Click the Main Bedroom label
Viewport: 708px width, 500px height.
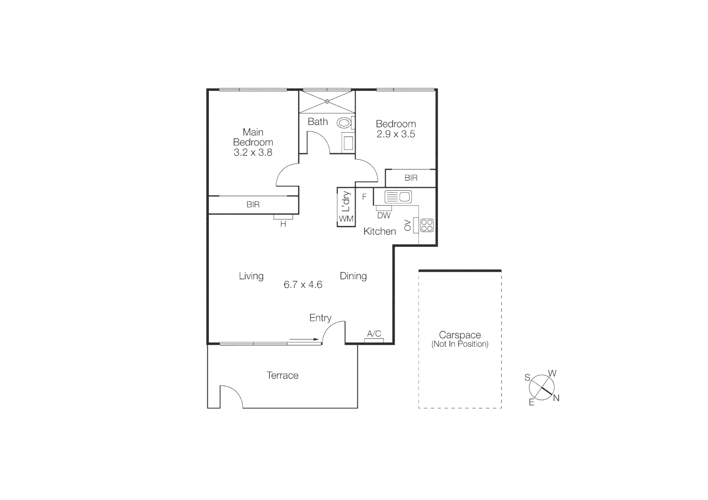[253, 137]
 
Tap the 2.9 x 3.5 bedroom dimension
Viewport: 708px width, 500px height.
[395, 134]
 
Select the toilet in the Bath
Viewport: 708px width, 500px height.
[344, 123]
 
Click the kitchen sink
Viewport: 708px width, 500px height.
[398, 197]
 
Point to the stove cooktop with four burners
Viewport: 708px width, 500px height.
[426, 225]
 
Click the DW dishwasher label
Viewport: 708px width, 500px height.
[384, 215]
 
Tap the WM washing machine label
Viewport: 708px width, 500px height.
[346, 219]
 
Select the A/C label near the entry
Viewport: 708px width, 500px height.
[374, 334]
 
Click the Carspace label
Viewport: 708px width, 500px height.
[460, 335]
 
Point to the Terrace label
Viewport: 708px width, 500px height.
[282, 375]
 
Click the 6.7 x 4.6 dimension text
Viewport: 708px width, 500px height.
[303, 285]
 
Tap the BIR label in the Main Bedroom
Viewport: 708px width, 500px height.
[253, 205]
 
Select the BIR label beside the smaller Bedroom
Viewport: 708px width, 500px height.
[411, 178]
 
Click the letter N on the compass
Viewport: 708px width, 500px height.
[556, 398]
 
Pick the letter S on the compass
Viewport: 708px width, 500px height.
[527, 377]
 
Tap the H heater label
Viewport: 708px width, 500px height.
[283, 224]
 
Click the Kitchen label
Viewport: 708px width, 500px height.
[380, 231]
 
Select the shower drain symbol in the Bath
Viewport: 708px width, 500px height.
[327, 101]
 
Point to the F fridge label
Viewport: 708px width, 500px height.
[364, 197]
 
